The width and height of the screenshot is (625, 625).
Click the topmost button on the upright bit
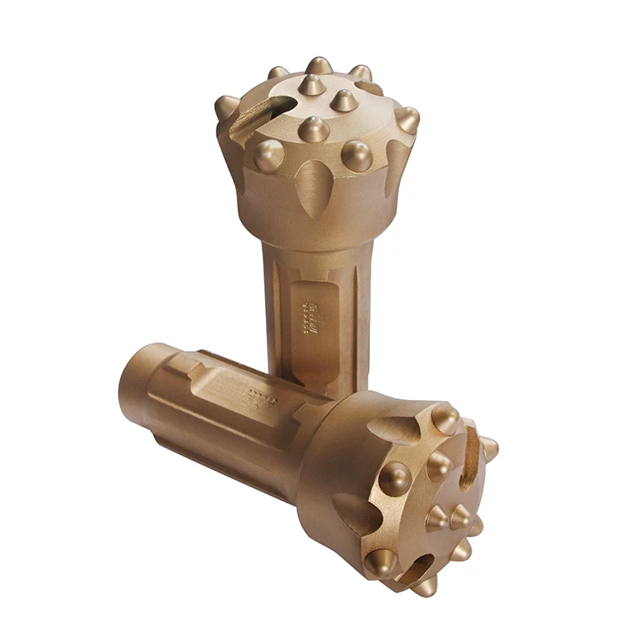(x=318, y=65)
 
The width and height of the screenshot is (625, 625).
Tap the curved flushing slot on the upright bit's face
(x=265, y=114)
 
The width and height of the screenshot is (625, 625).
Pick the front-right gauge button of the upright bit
(x=357, y=156)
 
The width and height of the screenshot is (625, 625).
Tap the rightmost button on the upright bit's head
(x=407, y=120)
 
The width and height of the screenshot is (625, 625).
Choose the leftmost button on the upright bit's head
(x=227, y=107)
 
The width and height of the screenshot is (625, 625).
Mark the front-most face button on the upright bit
(x=313, y=129)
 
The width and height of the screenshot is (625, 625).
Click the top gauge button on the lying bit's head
(x=445, y=417)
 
